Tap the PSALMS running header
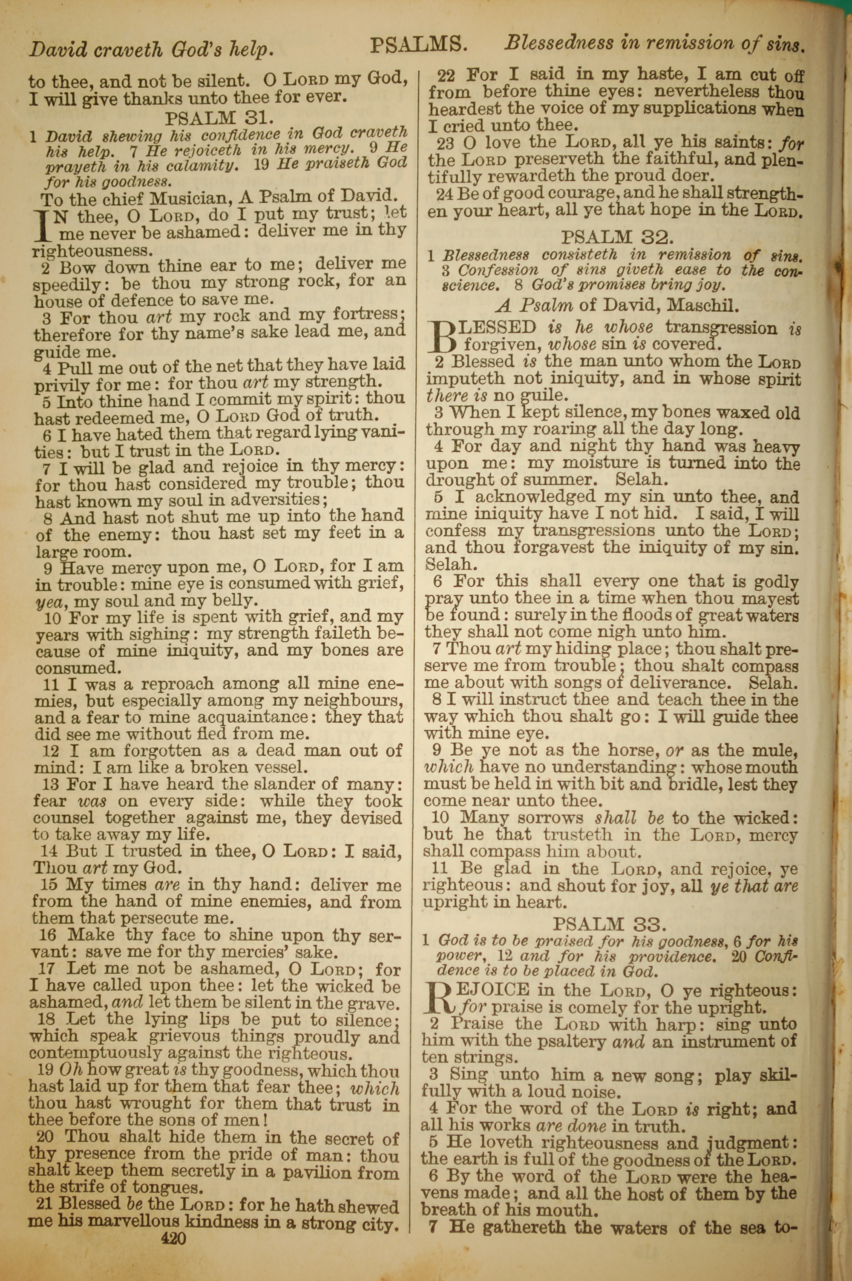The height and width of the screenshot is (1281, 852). pyautogui.click(x=418, y=45)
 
